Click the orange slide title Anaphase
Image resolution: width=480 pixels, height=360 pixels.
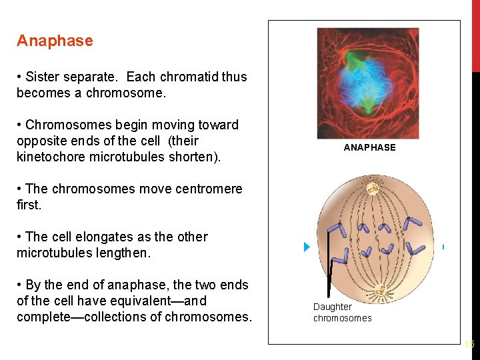click(x=55, y=41)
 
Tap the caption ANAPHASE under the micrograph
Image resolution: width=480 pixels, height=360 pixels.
click(x=369, y=147)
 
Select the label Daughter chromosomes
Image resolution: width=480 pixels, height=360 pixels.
click(x=342, y=312)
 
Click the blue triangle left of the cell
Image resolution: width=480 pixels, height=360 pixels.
click(x=307, y=247)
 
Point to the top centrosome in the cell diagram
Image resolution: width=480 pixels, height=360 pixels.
click(x=373, y=189)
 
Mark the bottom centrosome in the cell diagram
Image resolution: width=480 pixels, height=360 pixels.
click(x=381, y=290)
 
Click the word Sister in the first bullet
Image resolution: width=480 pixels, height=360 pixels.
click(x=44, y=77)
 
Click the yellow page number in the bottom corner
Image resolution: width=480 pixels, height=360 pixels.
click(x=469, y=345)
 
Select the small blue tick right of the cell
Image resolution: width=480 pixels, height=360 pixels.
click(x=443, y=247)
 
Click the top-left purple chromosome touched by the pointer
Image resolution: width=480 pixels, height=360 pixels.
click(x=334, y=230)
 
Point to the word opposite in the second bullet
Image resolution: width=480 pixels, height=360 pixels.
click(x=44, y=141)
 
